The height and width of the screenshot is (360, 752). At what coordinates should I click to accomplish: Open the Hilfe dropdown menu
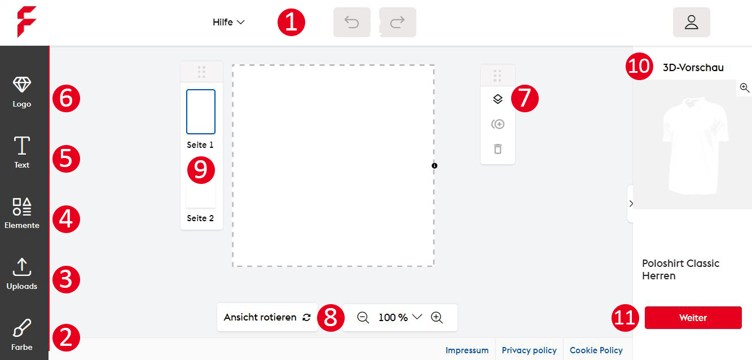pos(228,22)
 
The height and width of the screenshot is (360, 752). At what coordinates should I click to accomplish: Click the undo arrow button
pos(352,22)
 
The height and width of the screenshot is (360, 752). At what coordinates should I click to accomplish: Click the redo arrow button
pos(398,22)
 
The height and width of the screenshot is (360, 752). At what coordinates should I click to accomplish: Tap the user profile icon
pos(691,22)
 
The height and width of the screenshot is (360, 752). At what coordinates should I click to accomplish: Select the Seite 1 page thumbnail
pos(201,112)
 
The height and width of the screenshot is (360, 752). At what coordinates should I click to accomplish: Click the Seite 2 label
pos(200,218)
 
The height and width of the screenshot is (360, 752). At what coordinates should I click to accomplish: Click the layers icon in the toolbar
pos(498,99)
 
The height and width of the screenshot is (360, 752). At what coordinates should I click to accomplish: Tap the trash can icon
pos(498,149)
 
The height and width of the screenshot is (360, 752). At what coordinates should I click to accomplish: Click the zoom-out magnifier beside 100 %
pos(363,318)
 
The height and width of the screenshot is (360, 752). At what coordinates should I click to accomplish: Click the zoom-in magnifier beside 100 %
pos(437,318)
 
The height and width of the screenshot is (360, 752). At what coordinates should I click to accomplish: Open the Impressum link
pos(467,350)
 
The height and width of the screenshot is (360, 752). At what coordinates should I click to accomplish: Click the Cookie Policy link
pos(596,350)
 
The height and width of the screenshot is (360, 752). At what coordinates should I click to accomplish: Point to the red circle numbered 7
pos(525,98)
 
